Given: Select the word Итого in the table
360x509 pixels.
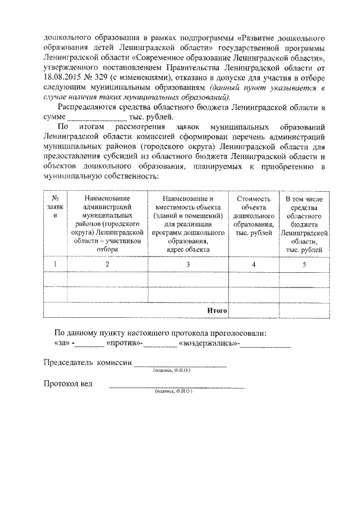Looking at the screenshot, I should [x=217, y=310].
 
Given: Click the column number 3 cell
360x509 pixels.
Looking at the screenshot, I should [x=188, y=264].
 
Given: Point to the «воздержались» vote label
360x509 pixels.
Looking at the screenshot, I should [x=208, y=343].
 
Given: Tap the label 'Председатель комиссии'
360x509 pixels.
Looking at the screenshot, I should [x=87, y=363].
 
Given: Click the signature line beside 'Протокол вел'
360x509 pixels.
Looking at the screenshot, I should [x=177, y=387].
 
